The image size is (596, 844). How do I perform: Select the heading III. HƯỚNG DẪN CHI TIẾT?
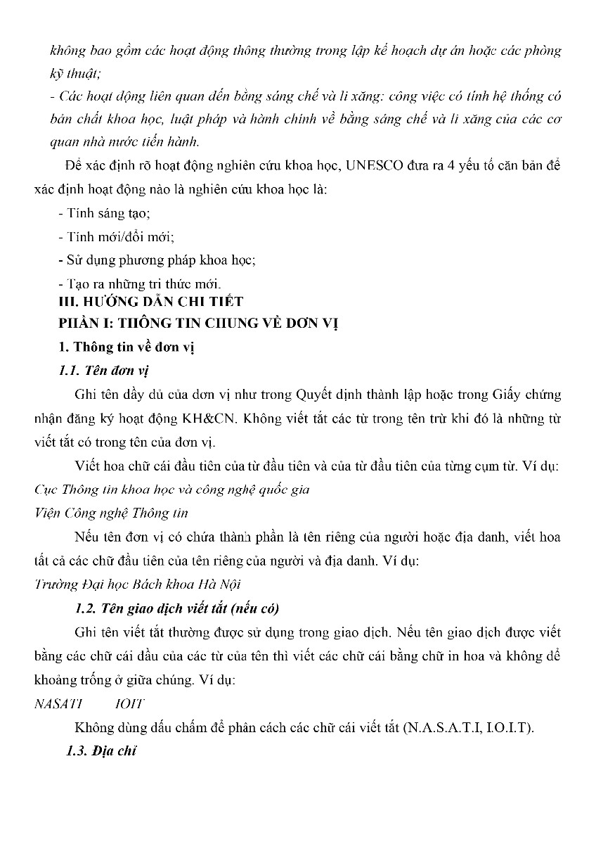pyautogui.click(x=150, y=302)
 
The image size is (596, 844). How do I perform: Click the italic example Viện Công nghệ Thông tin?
pyautogui.click(x=110, y=513)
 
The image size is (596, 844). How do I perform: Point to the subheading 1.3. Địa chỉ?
pyautogui.click(x=101, y=751)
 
